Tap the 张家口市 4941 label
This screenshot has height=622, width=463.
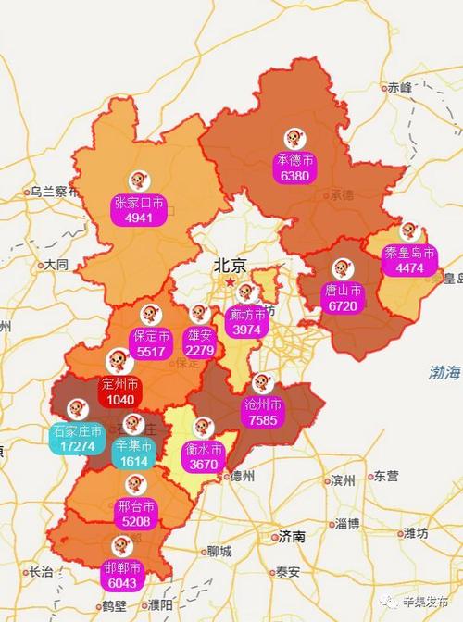(x=139, y=210)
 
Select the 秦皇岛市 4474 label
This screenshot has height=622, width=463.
(x=408, y=260)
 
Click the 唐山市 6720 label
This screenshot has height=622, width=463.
(x=344, y=296)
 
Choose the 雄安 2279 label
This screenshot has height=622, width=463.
(x=200, y=342)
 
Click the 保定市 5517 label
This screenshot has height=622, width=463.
(x=150, y=343)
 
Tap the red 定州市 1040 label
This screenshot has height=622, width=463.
(x=120, y=392)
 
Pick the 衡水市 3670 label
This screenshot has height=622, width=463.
(x=204, y=456)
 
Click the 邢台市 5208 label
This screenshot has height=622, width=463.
(x=135, y=514)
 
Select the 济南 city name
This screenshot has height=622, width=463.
(x=291, y=536)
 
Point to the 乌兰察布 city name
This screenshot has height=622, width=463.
(x=54, y=192)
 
